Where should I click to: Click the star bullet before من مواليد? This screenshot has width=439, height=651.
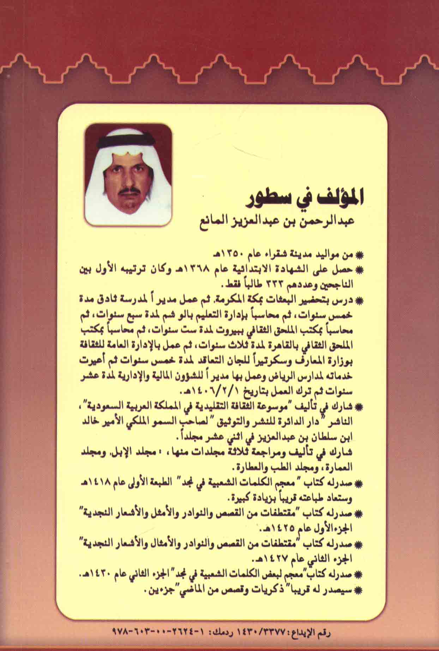pos(360,255)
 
